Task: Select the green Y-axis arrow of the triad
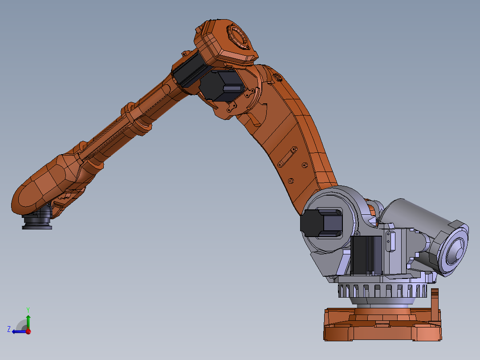click(28, 322)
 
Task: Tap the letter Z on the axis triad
click(9, 329)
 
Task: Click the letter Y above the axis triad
click(28, 309)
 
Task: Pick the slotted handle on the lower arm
click(287, 157)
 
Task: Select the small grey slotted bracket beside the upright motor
click(391, 241)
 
